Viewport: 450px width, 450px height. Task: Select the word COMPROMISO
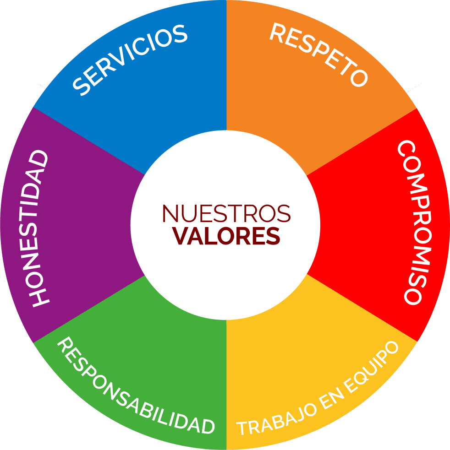coord(414,222)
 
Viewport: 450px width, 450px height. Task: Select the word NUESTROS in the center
coord(226,213)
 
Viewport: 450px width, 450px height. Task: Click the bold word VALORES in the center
coord(226,236)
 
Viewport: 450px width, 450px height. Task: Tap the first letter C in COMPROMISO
coord(407,148)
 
